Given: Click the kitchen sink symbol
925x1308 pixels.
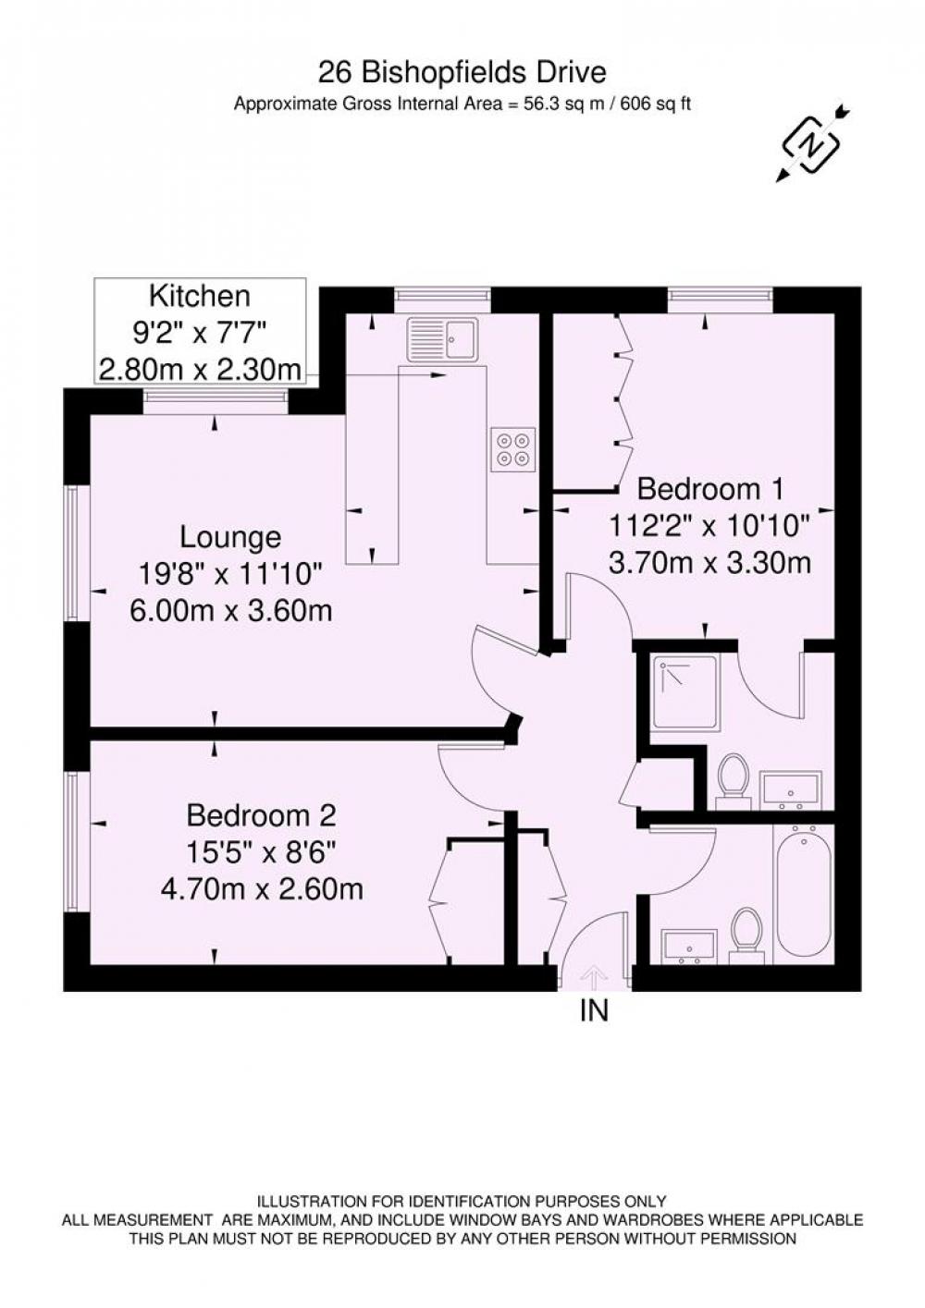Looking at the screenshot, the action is [x=442, y=338].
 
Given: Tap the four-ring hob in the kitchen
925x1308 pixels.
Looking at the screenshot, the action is [x=513, y=449].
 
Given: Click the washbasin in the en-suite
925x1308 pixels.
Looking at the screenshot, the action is [x=791, y=789].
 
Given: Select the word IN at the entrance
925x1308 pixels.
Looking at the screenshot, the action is [x=594, y=1010].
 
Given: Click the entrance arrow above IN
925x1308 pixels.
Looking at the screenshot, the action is [x=594, y=977].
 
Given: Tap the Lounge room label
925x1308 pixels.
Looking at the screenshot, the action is [x=230, y=537].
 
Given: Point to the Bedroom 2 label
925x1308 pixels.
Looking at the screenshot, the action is [x=261, y=815].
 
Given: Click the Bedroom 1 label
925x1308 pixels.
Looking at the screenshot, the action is [x=710, y=489].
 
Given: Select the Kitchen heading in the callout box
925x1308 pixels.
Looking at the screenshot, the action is [x=200, y=296].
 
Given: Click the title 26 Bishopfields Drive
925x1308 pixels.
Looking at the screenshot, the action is [x=462, y=73].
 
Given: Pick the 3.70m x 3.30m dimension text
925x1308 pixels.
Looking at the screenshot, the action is [x=710, y=564].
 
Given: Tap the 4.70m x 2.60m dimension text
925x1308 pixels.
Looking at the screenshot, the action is [x=262, y=890].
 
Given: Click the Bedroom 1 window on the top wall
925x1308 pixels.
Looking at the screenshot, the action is [x=721, y=294].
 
